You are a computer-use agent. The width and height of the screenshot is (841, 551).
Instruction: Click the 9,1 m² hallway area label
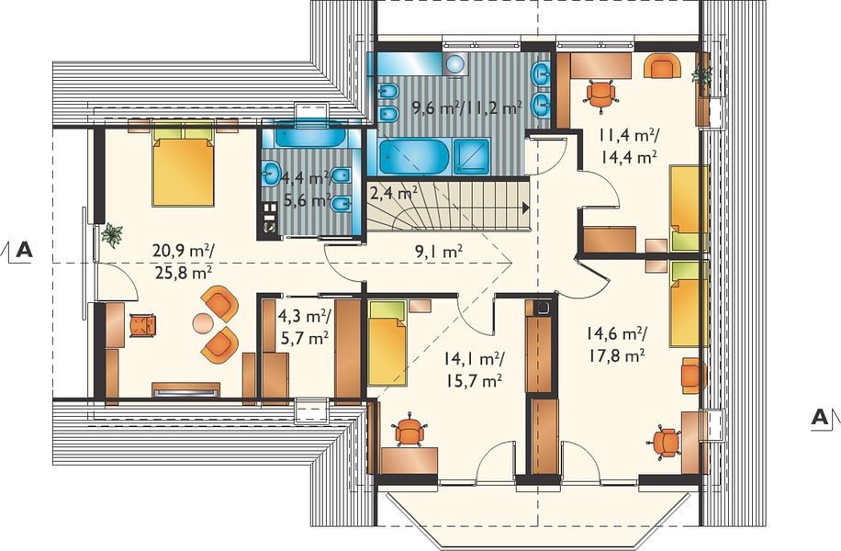coord(439,253)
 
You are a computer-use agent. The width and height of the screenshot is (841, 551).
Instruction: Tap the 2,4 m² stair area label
coord(394,192)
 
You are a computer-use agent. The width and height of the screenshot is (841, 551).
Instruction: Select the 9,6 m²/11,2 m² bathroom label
coord(466,107)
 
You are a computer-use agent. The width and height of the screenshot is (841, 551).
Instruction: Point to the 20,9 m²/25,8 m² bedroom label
coord(184,262)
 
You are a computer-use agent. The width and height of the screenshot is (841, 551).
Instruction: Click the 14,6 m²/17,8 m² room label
coord(616,343)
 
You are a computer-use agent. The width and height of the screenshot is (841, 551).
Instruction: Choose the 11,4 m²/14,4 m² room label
coord(629,146)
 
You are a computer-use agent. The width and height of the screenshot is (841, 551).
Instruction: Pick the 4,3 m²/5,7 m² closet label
coord(304,327)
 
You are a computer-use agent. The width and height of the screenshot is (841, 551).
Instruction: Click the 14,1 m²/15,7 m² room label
coord(473,370)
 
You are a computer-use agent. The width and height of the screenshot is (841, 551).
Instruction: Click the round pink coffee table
coord(203,323)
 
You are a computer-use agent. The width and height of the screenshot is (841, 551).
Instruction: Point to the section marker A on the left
coord(24,250)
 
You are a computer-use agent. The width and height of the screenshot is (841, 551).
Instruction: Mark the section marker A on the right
coord(819,417)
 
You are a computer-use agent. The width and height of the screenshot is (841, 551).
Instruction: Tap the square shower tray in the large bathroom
coord(472,156)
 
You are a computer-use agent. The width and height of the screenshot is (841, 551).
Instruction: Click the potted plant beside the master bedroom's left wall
coord(113,235)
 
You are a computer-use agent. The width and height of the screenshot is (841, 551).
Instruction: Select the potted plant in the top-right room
coord(701,74)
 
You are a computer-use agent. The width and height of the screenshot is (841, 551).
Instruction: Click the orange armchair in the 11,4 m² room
coord(663,65)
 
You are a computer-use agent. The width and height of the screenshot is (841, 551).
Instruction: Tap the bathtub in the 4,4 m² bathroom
coord(311,135)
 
